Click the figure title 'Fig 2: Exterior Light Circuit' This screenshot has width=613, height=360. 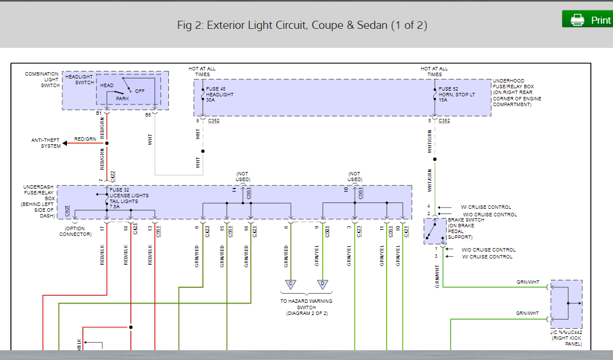click(x=302, y=25)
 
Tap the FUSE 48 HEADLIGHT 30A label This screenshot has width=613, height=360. click(x=220, y=94)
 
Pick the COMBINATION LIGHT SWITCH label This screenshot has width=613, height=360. click(x=42, y=80)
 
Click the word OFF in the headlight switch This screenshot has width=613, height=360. click(x=140, y=91)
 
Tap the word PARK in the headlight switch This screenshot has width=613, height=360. click(x=122, y=99)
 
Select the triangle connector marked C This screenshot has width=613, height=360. click(x=290, y=284)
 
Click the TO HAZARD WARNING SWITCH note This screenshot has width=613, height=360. click(x=306, y=307)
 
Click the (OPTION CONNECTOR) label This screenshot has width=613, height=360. click(x=75, y=231)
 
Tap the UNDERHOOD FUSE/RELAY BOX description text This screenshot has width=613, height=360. click(x=517, y=92)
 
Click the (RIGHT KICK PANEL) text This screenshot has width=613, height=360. click(x=566, y=341)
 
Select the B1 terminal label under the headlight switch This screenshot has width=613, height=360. click(x=99, y=113)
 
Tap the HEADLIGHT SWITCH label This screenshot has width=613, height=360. click(x=80, y=80)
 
